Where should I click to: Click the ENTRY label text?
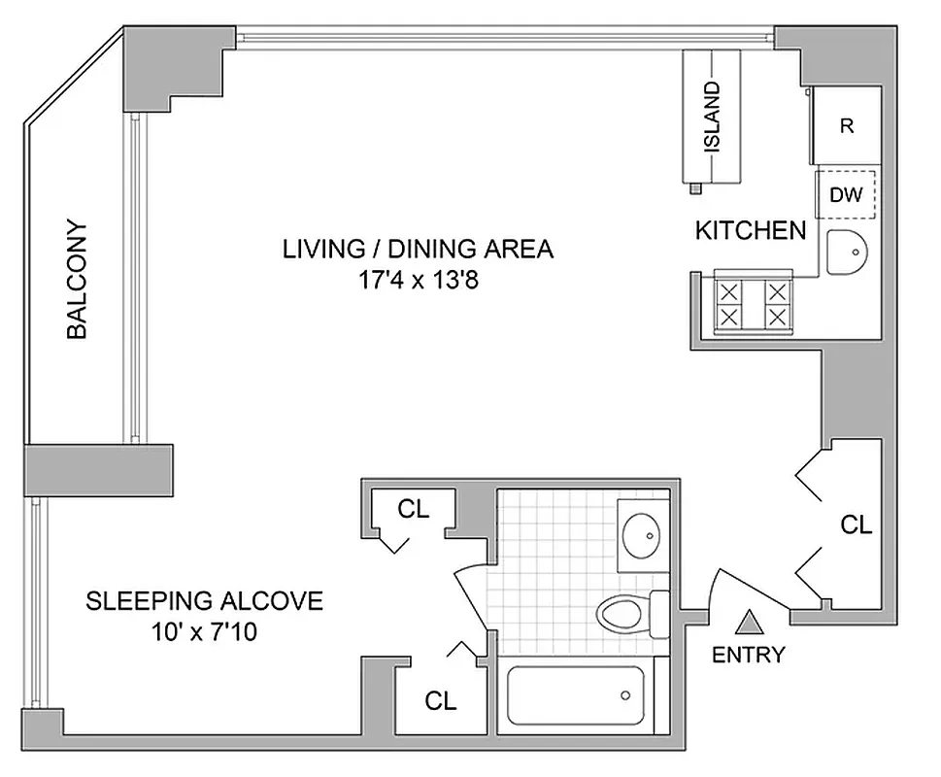748,655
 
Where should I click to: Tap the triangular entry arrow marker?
749,621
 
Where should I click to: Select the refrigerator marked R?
847,126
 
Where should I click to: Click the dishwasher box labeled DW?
847,194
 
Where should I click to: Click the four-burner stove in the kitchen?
753,302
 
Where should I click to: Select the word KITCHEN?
751,231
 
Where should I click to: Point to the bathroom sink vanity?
642,531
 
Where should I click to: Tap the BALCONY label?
77,279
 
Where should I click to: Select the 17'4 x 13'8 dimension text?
418,283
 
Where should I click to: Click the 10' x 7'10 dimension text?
204,633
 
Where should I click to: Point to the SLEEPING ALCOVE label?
204,601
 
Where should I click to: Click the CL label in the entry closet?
857,525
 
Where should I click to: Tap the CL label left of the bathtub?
441,700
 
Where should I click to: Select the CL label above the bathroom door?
414,509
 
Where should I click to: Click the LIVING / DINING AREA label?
418,250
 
